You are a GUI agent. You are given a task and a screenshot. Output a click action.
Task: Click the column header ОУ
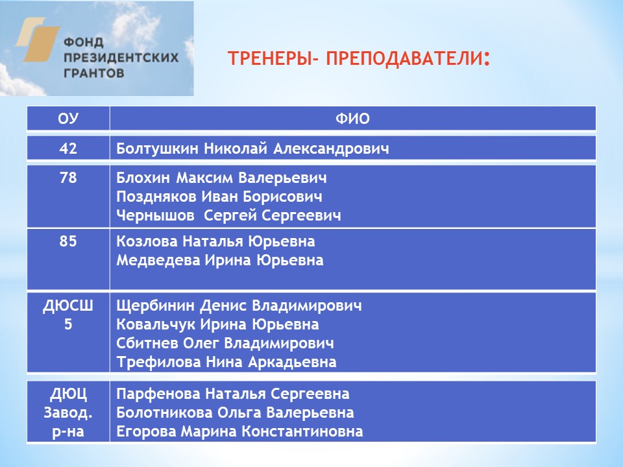point(68,119)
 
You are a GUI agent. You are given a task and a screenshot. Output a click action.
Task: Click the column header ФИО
point(352,119)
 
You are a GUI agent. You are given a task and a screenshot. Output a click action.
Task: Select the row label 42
point(68,149)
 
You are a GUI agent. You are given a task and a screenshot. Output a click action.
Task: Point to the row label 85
point(68,242)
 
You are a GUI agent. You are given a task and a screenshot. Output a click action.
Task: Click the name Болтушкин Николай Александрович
point(252,149)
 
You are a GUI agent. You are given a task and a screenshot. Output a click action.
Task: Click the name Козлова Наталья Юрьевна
point(215,242)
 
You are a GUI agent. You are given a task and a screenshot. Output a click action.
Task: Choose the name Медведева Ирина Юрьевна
point(219,261)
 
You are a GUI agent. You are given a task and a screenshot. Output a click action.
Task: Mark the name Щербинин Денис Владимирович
point(239,305)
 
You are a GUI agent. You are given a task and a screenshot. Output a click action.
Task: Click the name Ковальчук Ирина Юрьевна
point(217,324)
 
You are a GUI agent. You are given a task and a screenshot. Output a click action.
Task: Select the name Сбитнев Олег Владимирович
point(225,343)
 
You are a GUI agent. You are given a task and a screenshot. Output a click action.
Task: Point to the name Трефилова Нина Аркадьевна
point(226,362)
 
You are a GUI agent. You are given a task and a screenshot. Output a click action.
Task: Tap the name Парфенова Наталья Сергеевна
point(232,394)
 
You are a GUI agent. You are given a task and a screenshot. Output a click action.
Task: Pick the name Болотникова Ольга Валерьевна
point(235,413)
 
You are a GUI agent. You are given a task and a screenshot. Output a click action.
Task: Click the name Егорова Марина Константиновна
point(239,432)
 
